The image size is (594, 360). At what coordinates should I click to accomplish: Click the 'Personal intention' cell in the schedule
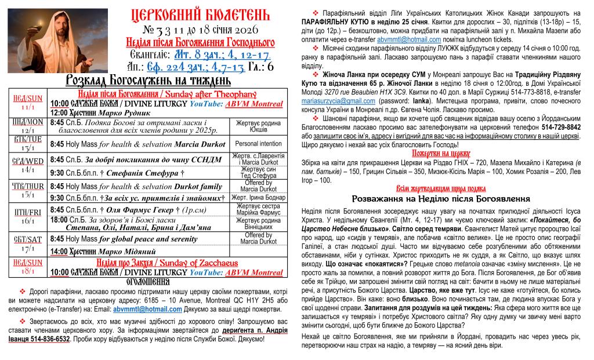click(x=258, y=143)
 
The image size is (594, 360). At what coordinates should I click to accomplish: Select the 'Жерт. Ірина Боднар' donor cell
click(x=259, y=198)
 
